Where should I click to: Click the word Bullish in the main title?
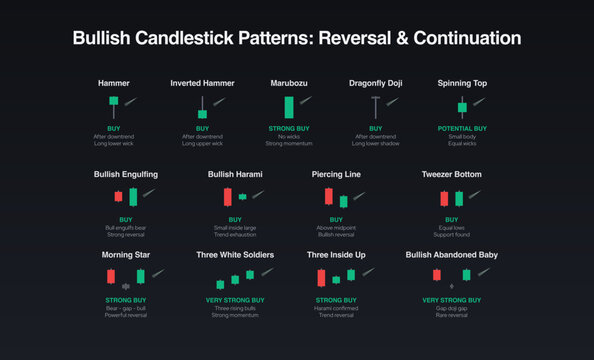click(104, 39)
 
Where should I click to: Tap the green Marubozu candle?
click(289, 107)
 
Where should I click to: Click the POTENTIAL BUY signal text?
click(462, 129)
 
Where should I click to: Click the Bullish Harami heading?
click(235, 174)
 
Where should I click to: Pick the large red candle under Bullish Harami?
click(227, 197)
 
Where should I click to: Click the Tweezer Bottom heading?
click(452, 174)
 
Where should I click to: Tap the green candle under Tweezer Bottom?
click(459, 198)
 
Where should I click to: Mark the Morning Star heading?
click(126, 255)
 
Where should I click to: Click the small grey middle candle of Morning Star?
click(125, 286)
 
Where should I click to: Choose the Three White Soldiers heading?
click(235, 255)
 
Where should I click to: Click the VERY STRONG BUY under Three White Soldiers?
click(235, 300)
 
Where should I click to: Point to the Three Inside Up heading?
click(343, 255)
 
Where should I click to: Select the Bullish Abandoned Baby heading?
click(452, 255)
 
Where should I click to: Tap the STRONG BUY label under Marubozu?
click(289, 129)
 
